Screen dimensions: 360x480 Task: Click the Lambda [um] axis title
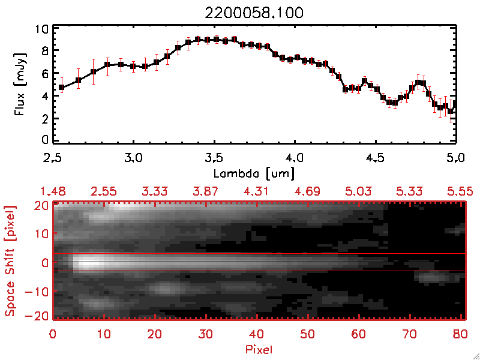pyautogui.click(x=254, y=173)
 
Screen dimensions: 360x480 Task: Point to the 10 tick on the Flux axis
pyautogui.click(x=41, y=29)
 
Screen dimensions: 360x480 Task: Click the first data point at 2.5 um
pyautogui.click(x=61, y=87)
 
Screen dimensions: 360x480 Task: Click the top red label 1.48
pyautogui.click(x=53, y=191)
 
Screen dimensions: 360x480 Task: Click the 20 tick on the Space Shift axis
pyautogui.click(x=40, y=205)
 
